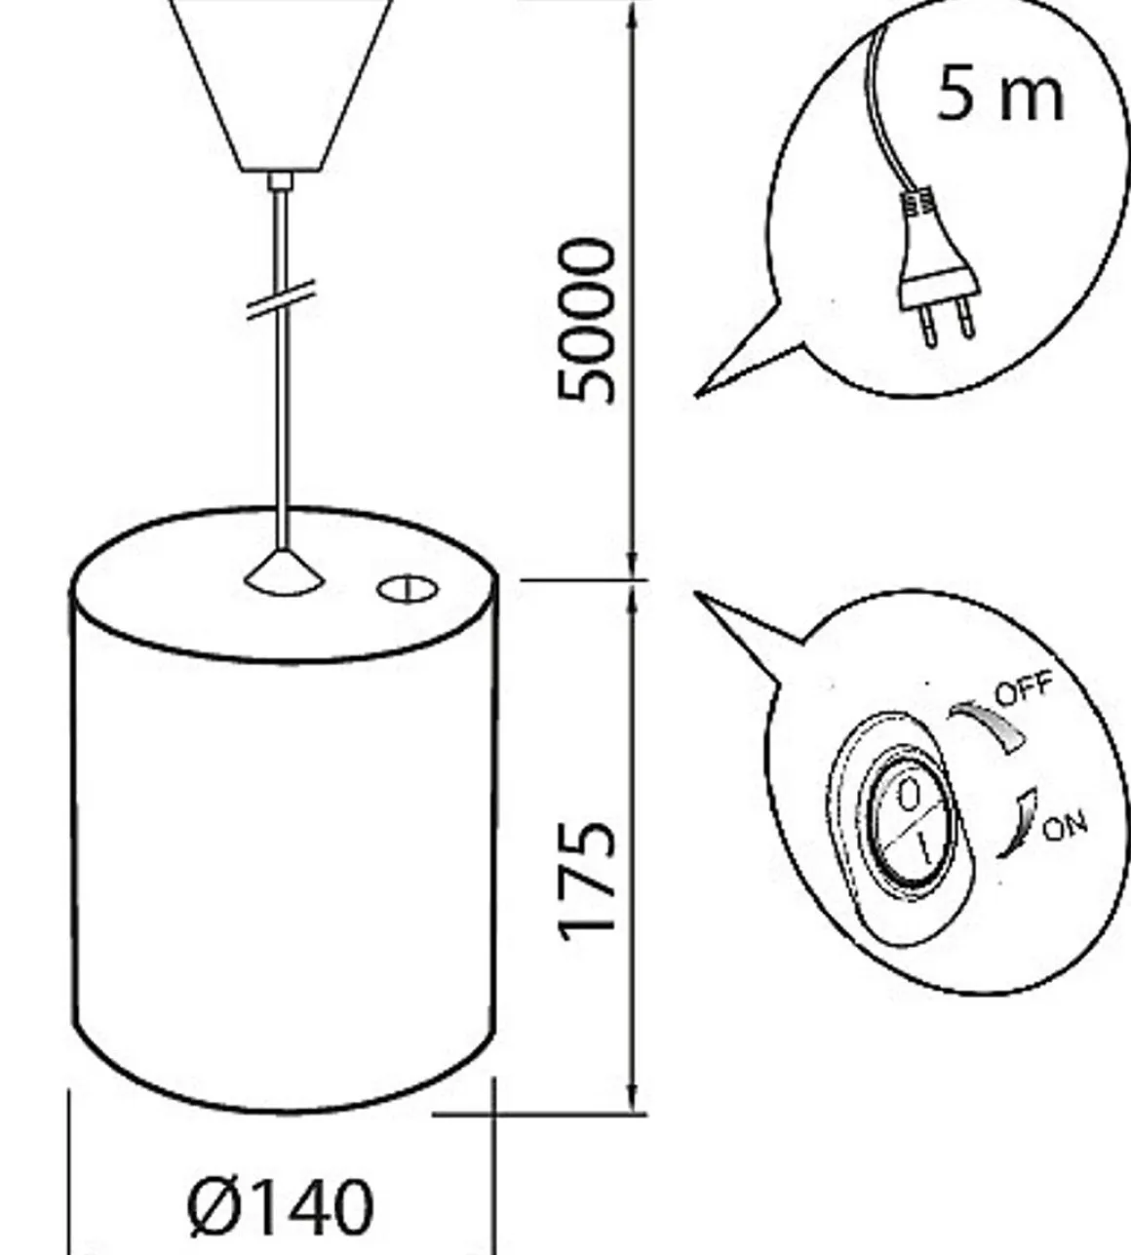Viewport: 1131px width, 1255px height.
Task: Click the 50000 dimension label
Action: (587, 320)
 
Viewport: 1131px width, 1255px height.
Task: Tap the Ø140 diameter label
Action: (281, 1207)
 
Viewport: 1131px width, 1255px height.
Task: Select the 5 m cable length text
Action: (999, 94)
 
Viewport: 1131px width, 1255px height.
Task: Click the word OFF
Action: (1024, 688)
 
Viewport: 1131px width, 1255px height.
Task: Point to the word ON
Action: (1066, 827)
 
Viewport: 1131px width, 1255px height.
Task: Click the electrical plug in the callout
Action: (938, 266)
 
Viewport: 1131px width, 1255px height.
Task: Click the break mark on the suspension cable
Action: (280, 299)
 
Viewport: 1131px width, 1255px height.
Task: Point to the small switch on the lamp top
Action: (408, 590)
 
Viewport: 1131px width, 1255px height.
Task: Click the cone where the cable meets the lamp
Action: (284, 572)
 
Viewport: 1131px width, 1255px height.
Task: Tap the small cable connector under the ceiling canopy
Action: (281, 180)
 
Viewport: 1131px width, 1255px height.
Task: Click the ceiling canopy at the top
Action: (281, 85)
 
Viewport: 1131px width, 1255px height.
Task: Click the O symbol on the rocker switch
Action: (909, 795)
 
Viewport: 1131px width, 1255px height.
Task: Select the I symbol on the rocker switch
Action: (924, 847)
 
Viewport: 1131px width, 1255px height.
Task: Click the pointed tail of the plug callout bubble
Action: (696, 395)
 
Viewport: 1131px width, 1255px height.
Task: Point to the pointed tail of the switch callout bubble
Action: (695, 593)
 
